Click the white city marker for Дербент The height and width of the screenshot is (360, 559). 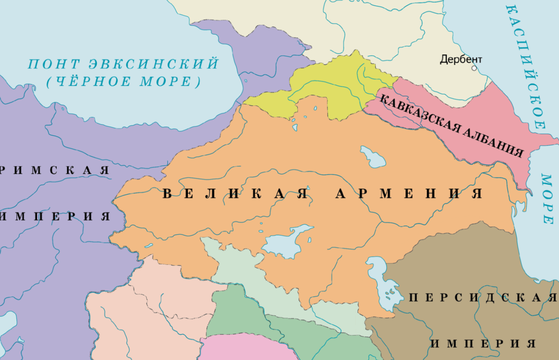(474, 68)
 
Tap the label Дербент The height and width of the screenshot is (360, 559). (461, 60)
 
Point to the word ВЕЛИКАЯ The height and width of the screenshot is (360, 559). (235, 194)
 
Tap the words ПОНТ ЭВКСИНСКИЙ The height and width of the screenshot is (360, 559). (123, 63)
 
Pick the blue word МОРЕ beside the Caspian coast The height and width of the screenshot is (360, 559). (547, 198)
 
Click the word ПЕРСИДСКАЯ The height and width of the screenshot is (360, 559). (482, 298)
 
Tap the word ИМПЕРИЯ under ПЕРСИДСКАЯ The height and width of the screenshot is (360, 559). (482, 344)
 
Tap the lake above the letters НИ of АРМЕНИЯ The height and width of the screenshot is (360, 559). (372, 157)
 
